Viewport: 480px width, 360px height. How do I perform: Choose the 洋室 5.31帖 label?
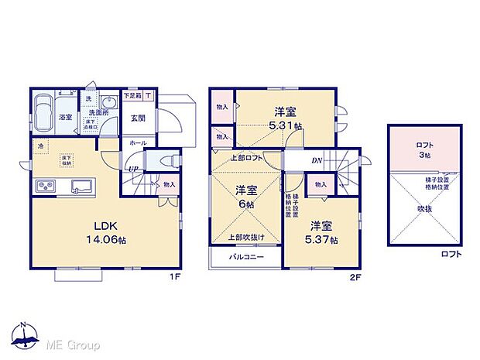286,118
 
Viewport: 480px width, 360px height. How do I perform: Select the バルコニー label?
245,257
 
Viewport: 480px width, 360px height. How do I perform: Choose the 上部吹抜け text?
245,237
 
